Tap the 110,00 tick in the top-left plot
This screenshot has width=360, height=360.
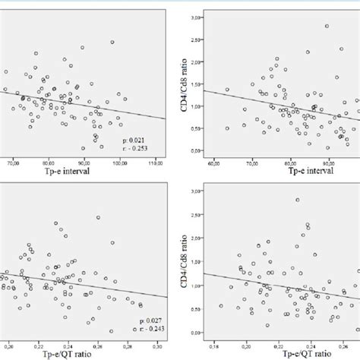click(x=155, y=162)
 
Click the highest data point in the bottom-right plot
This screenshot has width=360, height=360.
click(x=297, y=200)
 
